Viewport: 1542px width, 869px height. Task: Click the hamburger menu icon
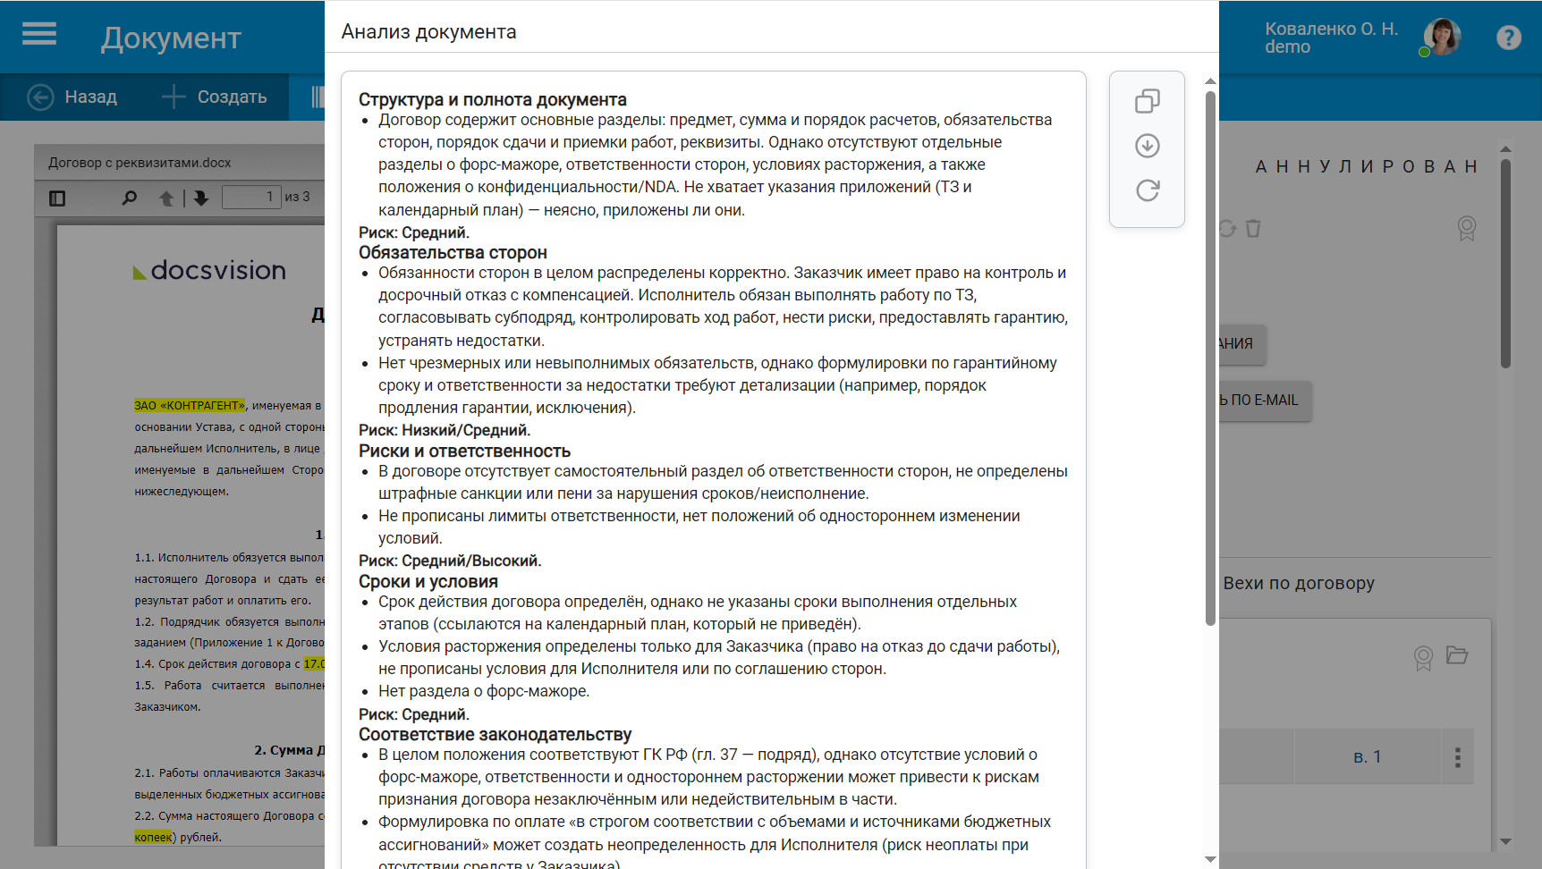[39, 35]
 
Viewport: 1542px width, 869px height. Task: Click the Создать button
[215, 97]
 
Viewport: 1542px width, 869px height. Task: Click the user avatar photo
[1442, 38]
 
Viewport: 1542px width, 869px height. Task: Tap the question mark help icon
[1508, 38]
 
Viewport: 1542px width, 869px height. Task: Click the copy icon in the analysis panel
[1148, 101]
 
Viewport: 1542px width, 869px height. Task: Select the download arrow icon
[1148, 146]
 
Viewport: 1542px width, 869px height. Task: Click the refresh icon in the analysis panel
[1148, 190]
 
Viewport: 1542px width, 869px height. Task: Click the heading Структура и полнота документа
[492, 99]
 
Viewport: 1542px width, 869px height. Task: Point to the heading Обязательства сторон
[453, 252]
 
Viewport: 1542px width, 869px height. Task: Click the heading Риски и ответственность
[464, 451]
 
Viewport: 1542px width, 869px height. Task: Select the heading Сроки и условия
[428, 581]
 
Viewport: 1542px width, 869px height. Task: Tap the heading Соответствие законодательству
[495, 734]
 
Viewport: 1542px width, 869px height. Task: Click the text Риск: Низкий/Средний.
[444, 430]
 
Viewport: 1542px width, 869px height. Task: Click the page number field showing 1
[251, 197]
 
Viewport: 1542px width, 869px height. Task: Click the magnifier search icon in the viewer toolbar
[130, 198]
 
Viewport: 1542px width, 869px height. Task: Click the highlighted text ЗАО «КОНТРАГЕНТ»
[190, 405]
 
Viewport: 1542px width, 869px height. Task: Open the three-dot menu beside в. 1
[1457, 757]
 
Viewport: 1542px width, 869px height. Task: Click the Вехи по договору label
[1298, 583]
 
